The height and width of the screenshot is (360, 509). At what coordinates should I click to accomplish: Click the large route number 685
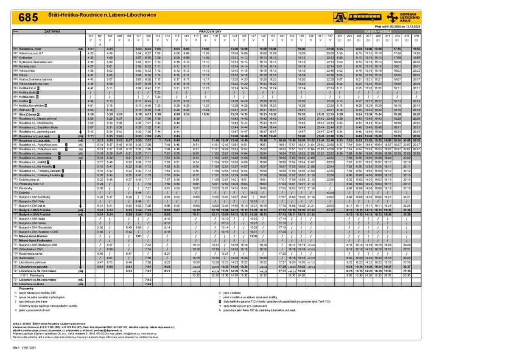click(28, 17)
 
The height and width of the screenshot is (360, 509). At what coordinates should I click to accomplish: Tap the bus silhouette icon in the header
click(365, 17)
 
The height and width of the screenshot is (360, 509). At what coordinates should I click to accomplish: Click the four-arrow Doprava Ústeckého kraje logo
click(392, 17)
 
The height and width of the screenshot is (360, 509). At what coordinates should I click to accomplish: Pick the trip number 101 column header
click(90, 36)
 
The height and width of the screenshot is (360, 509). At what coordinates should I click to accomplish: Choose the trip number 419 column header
click(417, 36)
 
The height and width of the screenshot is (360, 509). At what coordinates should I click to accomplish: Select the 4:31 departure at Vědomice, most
click(90, 49)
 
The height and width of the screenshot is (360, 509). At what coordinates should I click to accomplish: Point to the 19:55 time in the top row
click(416, 49)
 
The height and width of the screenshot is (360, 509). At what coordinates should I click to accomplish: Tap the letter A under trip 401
click(100, 44)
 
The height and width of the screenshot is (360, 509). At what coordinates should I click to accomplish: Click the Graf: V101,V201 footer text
click(26, 347)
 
